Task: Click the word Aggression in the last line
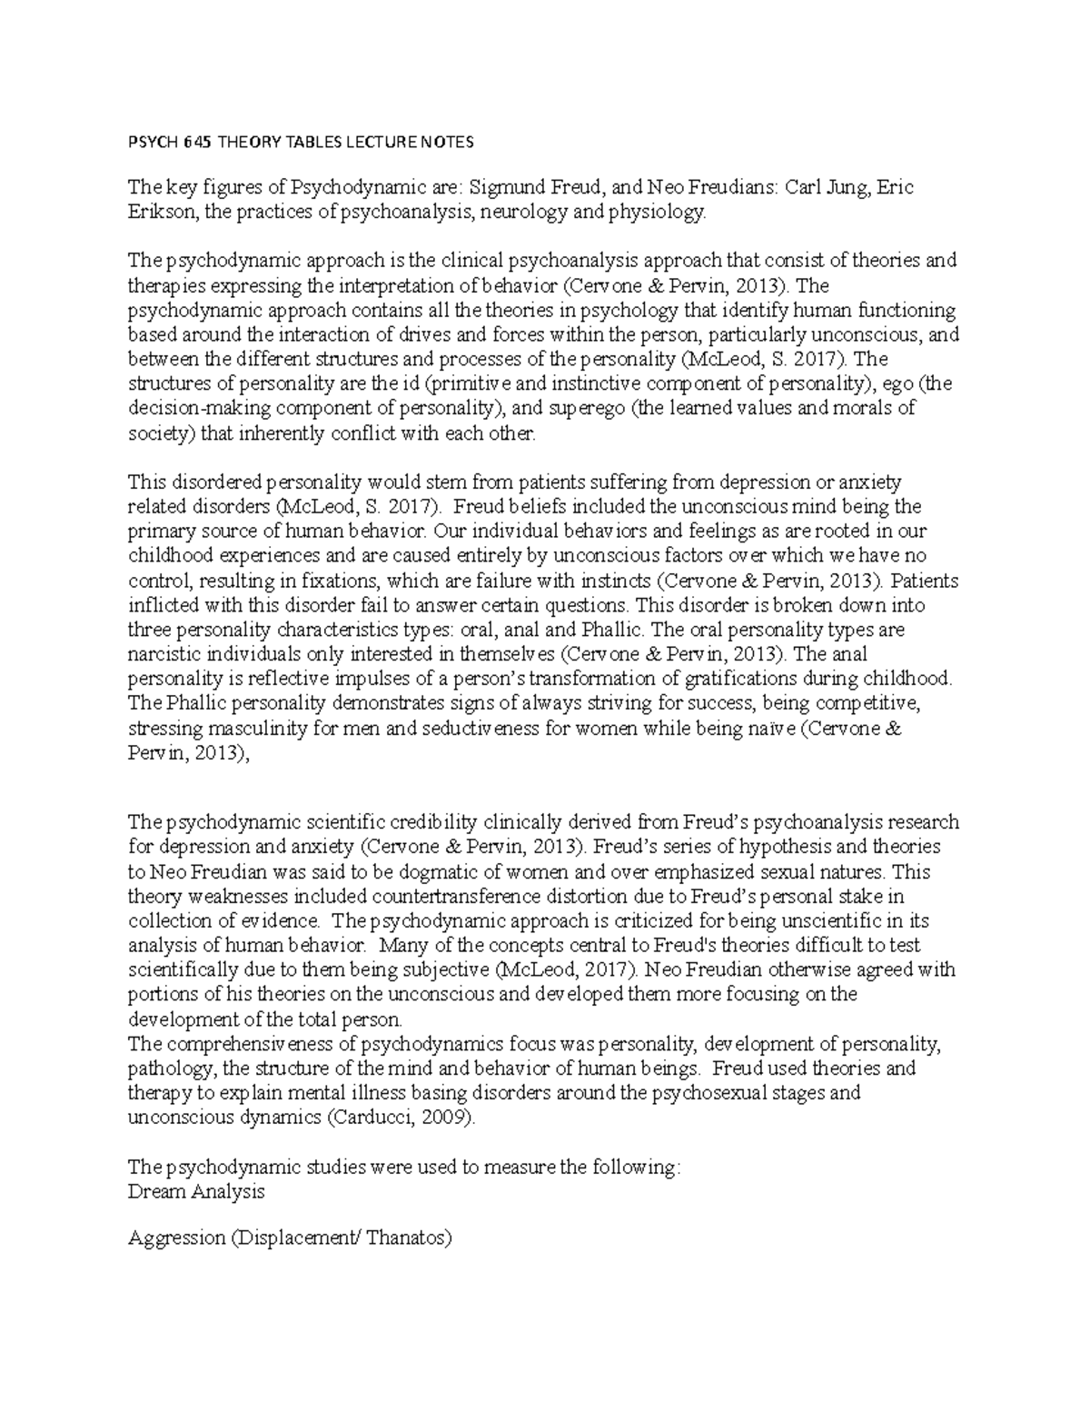click(177, 1237)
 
